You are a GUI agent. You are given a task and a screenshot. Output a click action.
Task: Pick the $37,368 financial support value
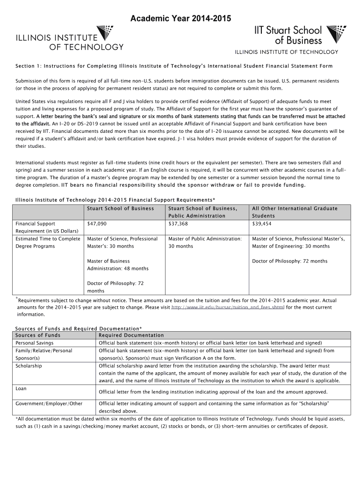178,224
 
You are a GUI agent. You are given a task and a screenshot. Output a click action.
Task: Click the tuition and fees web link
228,307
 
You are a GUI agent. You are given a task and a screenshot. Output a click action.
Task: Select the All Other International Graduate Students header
295,212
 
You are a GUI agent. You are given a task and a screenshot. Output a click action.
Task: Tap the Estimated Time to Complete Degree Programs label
48,242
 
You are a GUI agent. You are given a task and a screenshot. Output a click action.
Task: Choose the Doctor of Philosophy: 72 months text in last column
289,261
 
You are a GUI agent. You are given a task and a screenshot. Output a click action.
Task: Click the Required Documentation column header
131,335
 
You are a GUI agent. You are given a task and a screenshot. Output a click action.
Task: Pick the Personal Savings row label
34,343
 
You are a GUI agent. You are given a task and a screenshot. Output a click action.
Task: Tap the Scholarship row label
29,365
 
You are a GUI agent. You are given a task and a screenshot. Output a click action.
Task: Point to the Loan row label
21,388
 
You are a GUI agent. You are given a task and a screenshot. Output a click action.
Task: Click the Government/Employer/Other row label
49,403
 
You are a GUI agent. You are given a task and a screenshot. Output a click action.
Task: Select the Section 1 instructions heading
174,66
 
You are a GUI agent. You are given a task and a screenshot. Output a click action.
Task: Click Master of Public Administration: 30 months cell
205,242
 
